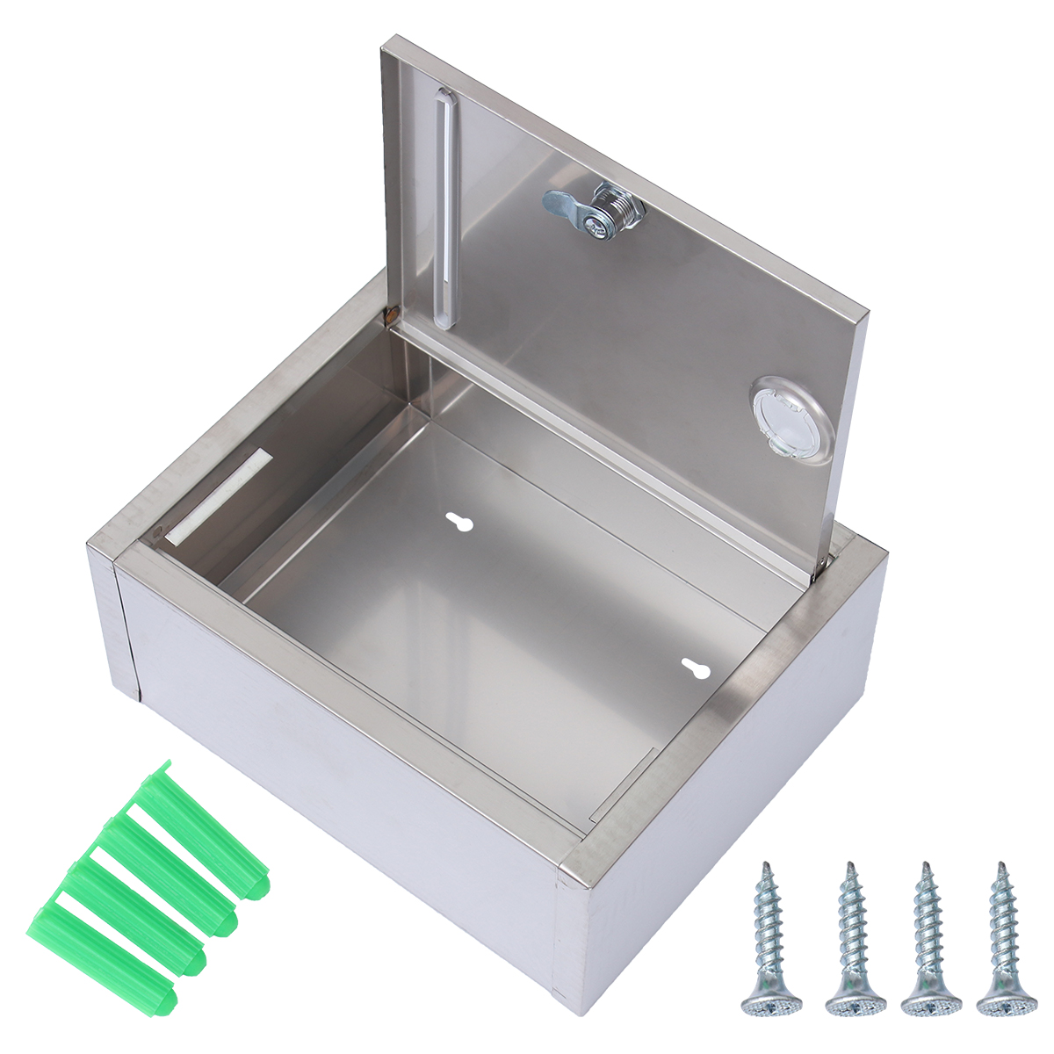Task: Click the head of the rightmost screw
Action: pos(1007,998)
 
